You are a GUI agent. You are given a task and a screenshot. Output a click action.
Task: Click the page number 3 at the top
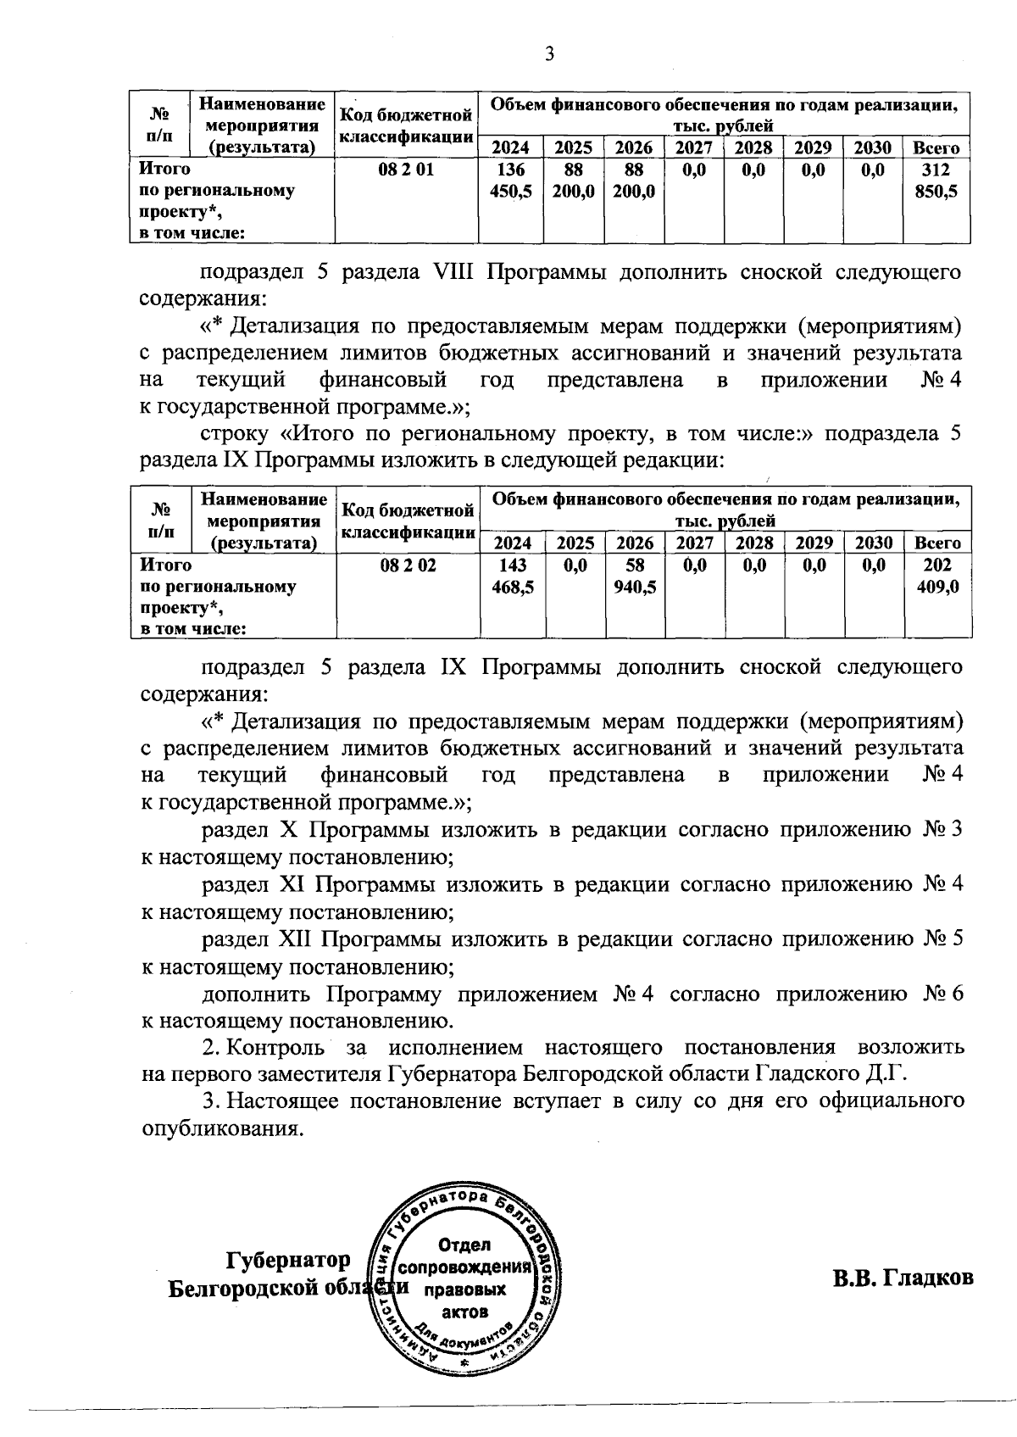(549, 55)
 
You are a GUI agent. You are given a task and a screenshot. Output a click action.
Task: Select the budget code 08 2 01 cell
(407, 170)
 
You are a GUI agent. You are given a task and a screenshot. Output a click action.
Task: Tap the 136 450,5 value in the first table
(511, 181)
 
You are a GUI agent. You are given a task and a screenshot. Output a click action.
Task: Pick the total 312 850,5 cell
(937, 181)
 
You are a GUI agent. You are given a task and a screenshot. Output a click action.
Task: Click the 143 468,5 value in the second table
(512, 576)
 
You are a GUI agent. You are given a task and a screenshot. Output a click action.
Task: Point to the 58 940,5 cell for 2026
(634, 576)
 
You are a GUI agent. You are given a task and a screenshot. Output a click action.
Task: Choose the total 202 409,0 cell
(938, 576)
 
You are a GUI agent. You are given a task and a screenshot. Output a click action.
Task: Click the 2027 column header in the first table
(693, 148)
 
